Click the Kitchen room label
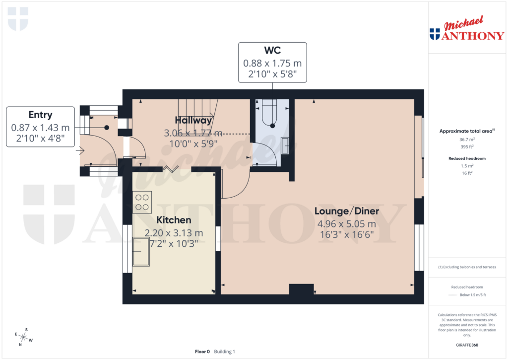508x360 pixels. click(174, 219)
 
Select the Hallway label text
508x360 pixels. click(193, 120)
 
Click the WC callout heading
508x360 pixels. click(272, 51)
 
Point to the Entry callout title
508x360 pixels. click(41, 115)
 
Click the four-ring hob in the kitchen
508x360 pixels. click(142, 203)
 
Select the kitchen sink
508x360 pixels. click(141, 252)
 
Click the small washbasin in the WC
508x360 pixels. click(285, 145)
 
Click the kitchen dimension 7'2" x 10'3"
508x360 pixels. click(174, 243)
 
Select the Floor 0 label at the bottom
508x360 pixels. click(202, 352)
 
